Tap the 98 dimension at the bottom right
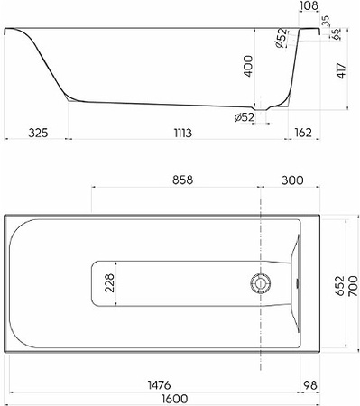(x=310, y=383)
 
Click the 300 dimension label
(x=291, y=180)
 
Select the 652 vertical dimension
(x=339, y=285)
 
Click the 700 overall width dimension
(x=353, y=285)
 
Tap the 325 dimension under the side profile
(x=35, y=132)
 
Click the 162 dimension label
(x=303, y=132)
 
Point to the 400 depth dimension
(x=260, y=67)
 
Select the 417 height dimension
(x=340, y=69)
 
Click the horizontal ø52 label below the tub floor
(x=245, y=116)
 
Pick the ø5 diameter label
(x=336, y=35)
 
